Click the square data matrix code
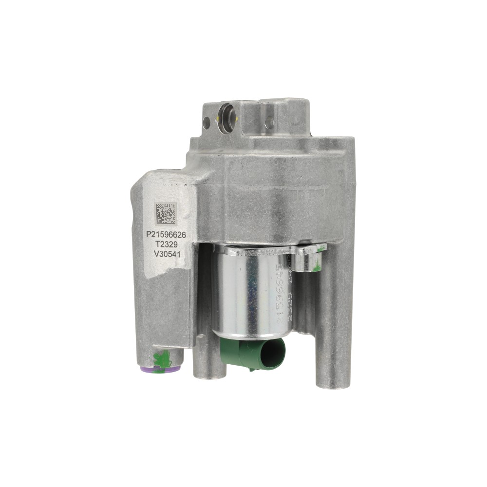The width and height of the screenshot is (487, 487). click(x=166, y=214)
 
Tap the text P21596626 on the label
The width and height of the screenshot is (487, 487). click(x=166, y=234)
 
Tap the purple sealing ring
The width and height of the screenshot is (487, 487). click(x=159, y=370)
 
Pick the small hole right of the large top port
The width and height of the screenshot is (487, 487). click(x=269, y=123)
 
